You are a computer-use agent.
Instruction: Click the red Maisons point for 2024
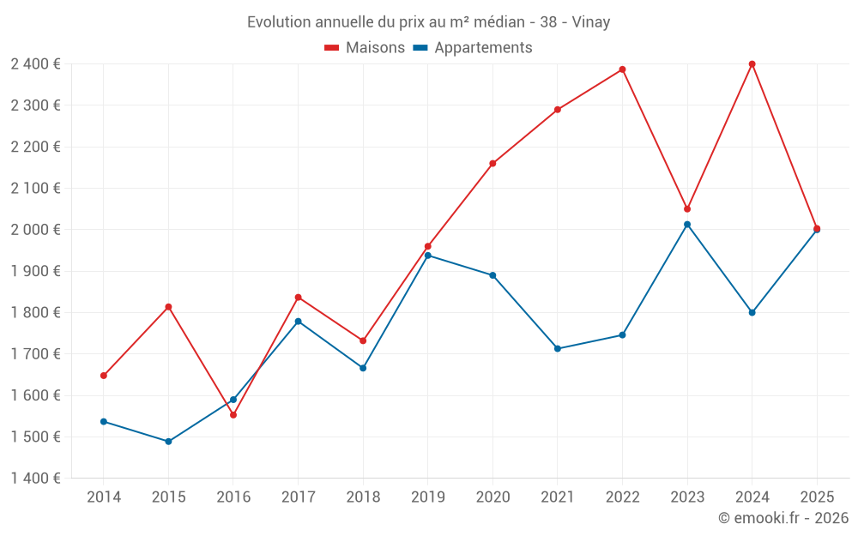pos(752,64)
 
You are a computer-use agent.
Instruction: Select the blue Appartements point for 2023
pos(687,225)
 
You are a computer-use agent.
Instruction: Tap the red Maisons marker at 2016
pos(233,415)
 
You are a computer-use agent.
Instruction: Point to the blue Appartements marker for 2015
pos(168,442)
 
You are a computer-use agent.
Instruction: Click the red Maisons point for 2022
pos(622,69)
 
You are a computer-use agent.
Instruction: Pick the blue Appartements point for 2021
pos(558,349)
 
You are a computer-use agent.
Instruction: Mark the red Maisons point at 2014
pos(104,376)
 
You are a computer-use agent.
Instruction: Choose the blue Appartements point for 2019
pos(428,256)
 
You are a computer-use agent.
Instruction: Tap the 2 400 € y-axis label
pos(35,64)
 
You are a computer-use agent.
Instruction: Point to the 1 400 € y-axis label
pos(35,479)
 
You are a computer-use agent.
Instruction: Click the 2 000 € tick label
pos(35,230)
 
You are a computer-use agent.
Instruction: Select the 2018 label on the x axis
pos(363,497)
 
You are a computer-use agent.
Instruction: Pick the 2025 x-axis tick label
pos(817,497)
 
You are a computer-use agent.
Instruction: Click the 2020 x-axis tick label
pos(492,497)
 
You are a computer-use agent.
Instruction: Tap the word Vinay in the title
pos(592,22)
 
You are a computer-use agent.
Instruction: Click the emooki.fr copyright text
pos(783,518)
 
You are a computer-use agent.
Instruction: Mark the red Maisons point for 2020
pos(492,164)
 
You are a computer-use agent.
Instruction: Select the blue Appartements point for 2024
pos(752,312)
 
